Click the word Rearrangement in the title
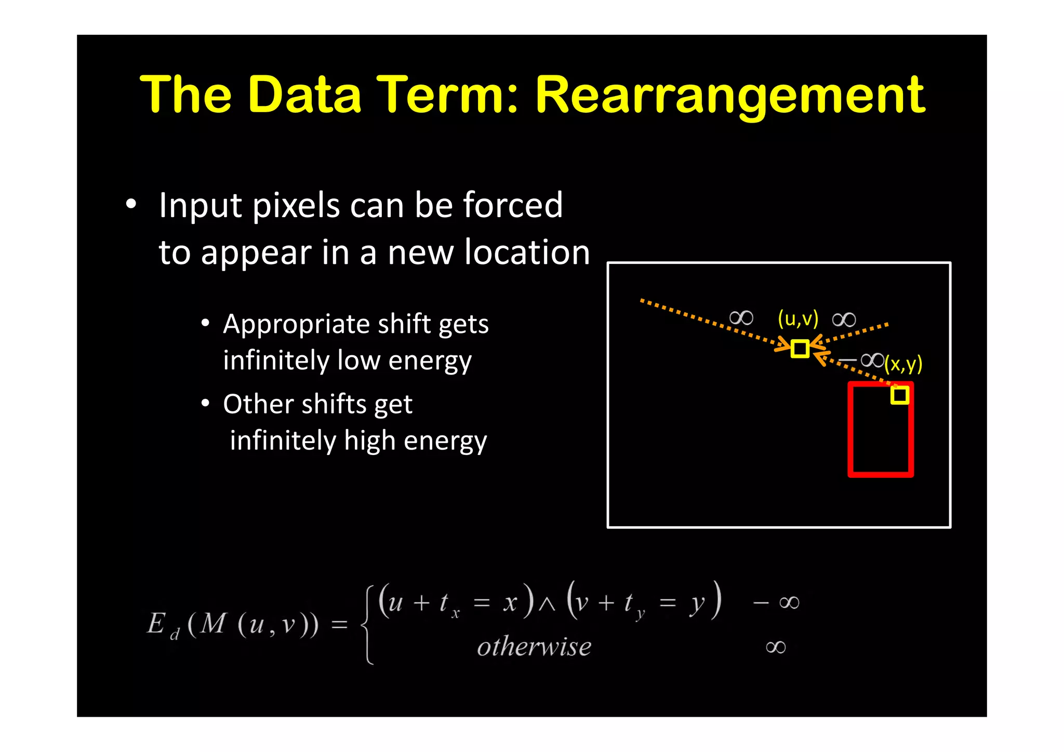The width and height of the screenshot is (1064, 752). pos(730,96)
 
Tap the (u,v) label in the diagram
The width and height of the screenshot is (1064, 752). pos(798,318)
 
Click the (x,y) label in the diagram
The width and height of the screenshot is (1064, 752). pos(903,364)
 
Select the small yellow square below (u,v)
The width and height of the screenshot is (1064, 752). pos(800,348)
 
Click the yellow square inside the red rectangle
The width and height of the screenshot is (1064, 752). pos(900,395)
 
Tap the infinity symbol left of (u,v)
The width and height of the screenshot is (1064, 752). pos(741,318)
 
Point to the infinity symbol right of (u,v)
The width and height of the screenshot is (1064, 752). pos(844,319)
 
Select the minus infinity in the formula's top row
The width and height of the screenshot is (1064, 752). pos(776,602)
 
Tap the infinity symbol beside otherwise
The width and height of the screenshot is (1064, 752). pos(776,647)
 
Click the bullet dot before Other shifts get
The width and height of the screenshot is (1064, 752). pos(206,403)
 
